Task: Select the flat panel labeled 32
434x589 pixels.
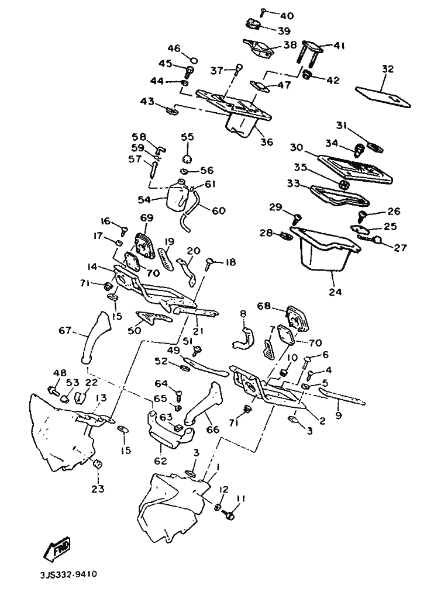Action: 383,97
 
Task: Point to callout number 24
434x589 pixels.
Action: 335,292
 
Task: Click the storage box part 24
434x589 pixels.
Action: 326,248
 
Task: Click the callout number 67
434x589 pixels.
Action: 66,331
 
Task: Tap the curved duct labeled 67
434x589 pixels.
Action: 95,337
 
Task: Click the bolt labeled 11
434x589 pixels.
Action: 228,515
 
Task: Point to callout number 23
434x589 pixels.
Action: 98,488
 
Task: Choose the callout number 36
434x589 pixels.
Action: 267,142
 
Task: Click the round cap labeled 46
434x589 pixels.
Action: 194,61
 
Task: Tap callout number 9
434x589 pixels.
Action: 339,415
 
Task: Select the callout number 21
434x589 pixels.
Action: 198,331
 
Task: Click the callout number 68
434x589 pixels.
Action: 264,306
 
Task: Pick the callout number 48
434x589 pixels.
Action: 60,373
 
